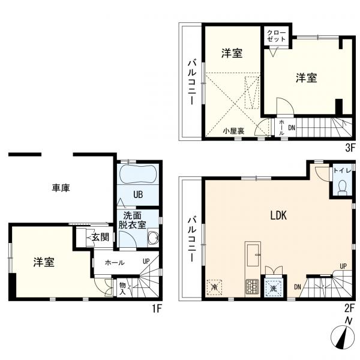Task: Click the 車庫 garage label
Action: pos(61,188)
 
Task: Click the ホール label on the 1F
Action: pos(115,262)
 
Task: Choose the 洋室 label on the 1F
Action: pos(44,262)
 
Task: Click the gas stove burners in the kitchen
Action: pos(251,287)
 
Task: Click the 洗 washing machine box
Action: pos(274,287)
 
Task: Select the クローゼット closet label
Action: pos(277,34)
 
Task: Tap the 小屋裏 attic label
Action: pos(233,130)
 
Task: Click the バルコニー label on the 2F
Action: pos(191,239)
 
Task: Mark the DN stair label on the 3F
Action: pos(292,127)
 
